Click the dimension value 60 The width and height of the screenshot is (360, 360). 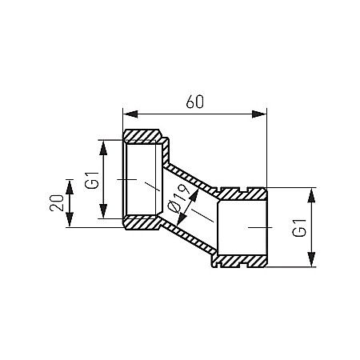coord(194,102)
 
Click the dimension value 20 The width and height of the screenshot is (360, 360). coord(57,203)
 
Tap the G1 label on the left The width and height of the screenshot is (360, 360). coord(92,181)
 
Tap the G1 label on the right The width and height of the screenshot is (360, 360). coord(299,228)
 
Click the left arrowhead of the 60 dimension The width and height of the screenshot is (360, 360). coord(130,114)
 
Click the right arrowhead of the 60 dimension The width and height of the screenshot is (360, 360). coord(259,114)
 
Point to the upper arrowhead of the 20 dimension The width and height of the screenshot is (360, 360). coord(70,187)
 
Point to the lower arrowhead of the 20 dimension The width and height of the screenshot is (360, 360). coord(70,220)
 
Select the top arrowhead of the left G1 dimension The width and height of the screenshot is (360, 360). coord(103,147)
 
